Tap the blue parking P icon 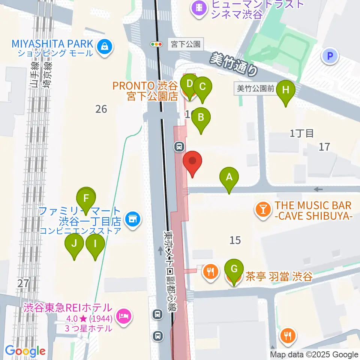click(x=330, y=57)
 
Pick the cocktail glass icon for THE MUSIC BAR click(x=263, y=209)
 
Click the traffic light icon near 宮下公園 click(x=156, y=44)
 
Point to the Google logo click(x=25, y=351)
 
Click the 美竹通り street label click(x=234, y=63)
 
